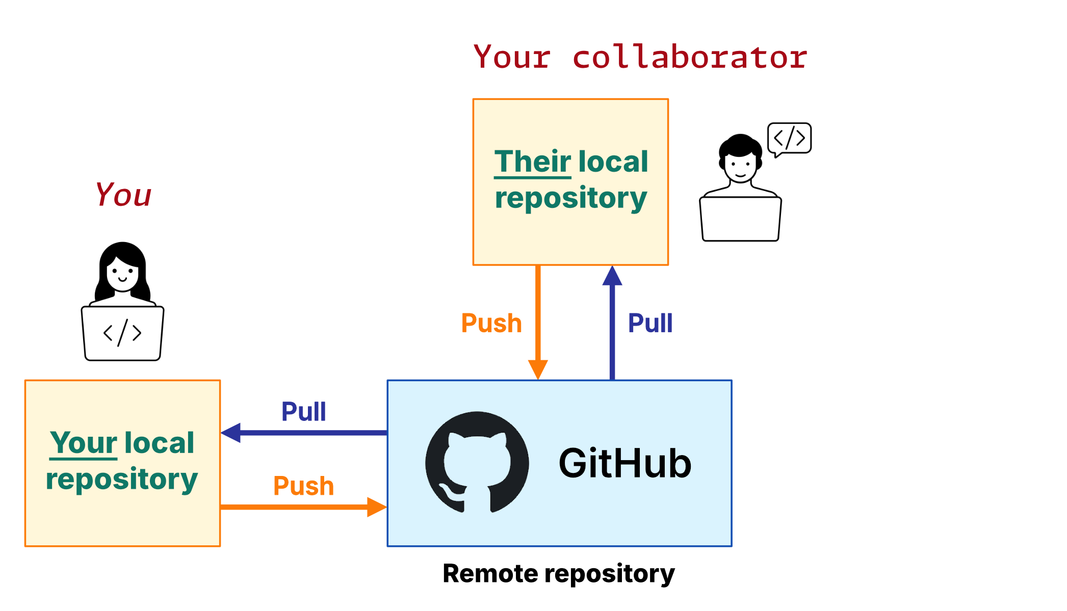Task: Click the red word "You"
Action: pos(123,195)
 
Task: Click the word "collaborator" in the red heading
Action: pos(690,57)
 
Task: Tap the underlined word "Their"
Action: pos(533,162)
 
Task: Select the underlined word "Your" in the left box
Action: pos(84,443)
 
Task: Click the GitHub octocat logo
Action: pos(477,462)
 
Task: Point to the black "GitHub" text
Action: pos(625,463)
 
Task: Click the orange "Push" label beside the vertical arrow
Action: pos(491,323)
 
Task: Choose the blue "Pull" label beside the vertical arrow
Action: pos(650,323)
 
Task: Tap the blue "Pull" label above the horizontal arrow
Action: pos(303,412)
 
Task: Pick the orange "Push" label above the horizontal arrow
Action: pos(303,486)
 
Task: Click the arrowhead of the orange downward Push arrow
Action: pos(538,369)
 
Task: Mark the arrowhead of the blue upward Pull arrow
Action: pos(612,276)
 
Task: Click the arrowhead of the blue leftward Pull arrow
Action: pos(231,433)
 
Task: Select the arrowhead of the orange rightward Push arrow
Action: pos(376,507)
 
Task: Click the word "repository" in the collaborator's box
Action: pos(571,198)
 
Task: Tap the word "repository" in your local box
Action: pos(122,480)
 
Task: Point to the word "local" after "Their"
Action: pos(613,162)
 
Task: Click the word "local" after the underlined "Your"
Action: pos(159,443)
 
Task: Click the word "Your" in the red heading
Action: pos(512,57)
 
